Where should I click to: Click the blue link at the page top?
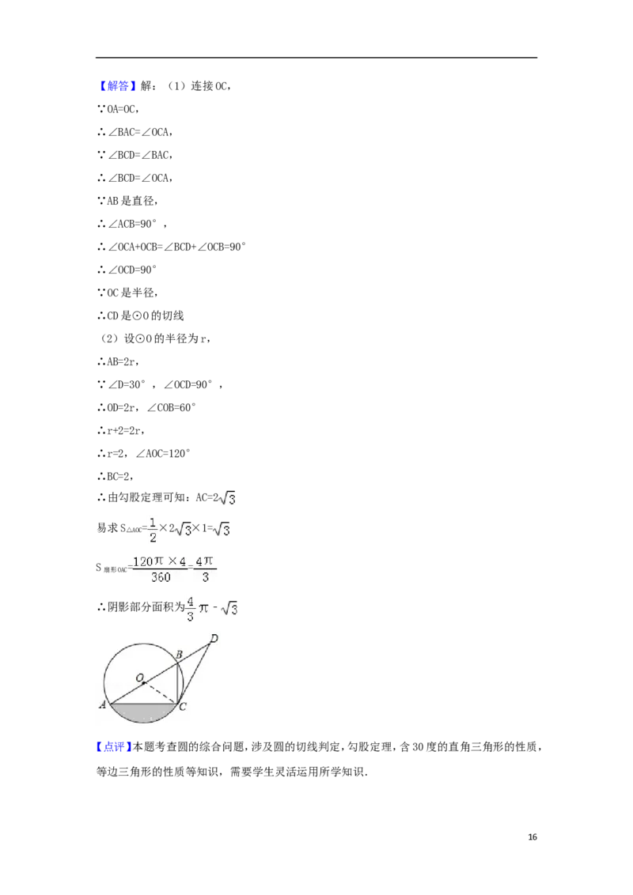point(117,85)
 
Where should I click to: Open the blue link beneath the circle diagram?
point(113,746)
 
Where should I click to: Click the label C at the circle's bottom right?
point(183,707)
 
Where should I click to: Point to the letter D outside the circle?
point(213,637)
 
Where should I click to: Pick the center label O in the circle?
point(139,678)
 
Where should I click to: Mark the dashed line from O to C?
point(161,692)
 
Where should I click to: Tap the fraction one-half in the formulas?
point(151,527)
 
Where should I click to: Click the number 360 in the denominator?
point(161,577)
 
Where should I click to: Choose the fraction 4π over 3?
point(205,568)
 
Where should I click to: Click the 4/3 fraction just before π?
point(190,609)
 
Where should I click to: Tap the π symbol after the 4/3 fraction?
point(204,610)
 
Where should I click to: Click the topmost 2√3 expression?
point(227,497)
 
